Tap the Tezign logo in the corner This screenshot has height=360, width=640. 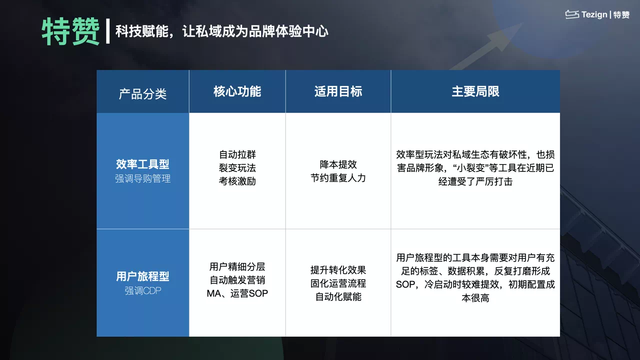click(597, 15)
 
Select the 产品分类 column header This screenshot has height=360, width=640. click(142, 93)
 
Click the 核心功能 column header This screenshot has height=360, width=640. click(237, 91)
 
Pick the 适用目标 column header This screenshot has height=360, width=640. click(338, 91)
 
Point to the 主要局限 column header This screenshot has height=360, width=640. click(475, 91)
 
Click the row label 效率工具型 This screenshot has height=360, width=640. click(142, 164)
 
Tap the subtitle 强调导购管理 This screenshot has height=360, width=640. click(142, 178)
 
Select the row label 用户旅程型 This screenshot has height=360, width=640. click(142, 276)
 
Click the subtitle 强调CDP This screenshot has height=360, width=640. click(142, 290)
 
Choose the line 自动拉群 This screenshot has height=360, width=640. click(237, 154)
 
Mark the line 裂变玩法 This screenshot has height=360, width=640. click(237, 168)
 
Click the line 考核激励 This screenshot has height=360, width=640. click(237, 181)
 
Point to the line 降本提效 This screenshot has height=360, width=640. click(338, 164)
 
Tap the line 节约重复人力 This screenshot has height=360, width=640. click(338, 178)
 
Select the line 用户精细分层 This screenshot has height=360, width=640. click(237, 267)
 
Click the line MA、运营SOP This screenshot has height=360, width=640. click(237, 293)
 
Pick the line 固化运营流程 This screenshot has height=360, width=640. click(338, 283)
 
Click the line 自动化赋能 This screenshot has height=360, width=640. click(338, 297)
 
